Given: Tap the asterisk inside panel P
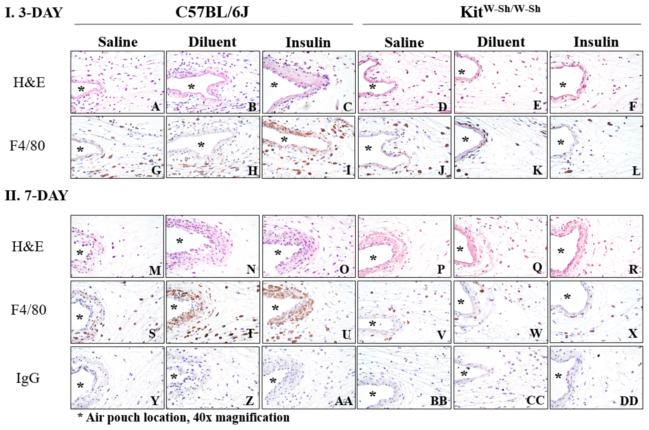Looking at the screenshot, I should click(x=373, y=258).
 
